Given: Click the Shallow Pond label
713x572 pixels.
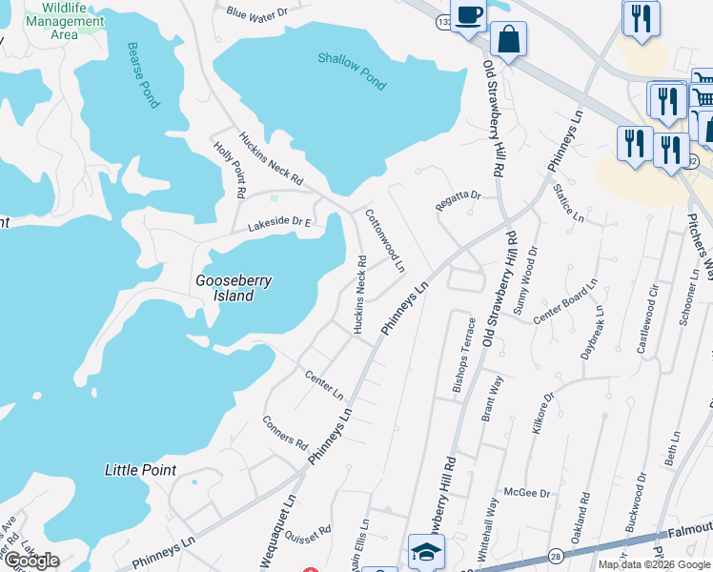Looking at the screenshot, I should (x=352, y=72).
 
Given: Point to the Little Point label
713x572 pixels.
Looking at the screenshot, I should (x=140, y=470).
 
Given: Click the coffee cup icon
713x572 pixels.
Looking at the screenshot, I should (x=468, y=16).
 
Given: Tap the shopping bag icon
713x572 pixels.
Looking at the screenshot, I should (x=509, y=40).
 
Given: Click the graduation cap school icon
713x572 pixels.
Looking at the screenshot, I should (x=426, y=550).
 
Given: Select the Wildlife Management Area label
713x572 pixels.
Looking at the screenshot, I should (x=66, y=21).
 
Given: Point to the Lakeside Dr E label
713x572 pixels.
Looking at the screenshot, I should (x=281, y=224).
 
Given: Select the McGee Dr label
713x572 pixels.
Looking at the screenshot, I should (x=532, y=492).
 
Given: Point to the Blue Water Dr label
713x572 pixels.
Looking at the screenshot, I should (x=257, y=14).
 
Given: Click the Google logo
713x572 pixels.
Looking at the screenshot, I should (x=31, y=561).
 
